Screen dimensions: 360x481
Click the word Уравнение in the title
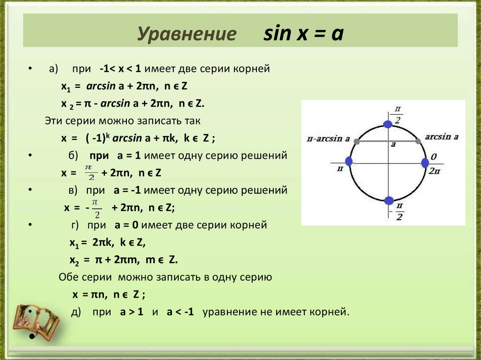[186, 35]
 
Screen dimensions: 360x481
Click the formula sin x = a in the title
[303, 34]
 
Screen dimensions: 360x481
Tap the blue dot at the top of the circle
[388, 124]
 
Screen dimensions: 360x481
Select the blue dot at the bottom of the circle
[388, 201]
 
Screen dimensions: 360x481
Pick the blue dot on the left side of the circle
[349, 161]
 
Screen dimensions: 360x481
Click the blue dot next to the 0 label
[425, 163]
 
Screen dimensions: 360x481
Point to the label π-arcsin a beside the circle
[328, 138]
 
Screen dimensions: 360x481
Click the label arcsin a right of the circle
[441, 137]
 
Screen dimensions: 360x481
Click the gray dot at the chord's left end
[357, 141]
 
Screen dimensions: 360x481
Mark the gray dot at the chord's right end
[418, 140]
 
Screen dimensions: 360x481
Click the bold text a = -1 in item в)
[127, 191]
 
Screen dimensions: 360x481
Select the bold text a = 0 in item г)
[126, 225]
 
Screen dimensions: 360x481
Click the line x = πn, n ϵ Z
[109, 295]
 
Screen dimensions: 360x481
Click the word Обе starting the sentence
[69, 277]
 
